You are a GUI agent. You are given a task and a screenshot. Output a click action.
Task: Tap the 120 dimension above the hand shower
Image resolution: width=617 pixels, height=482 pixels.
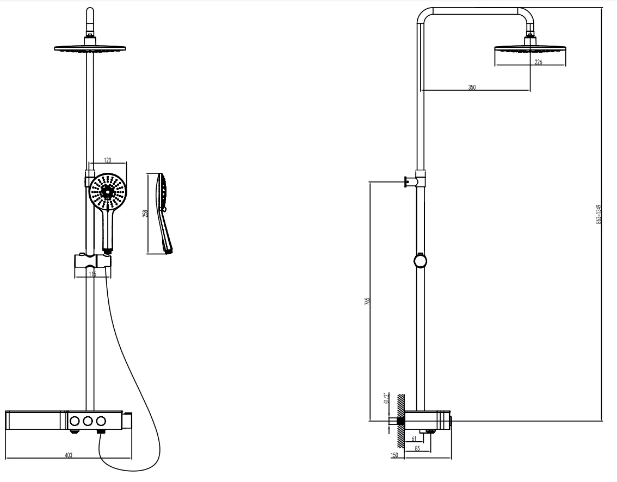pyautogui.click(x=107, y=161)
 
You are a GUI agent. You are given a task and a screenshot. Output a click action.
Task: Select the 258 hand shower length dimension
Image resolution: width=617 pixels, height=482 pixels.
pyautogui.click(x=145, y=214)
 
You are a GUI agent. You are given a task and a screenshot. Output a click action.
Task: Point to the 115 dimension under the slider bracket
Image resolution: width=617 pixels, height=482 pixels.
pyautogui.click(x=92, y=275)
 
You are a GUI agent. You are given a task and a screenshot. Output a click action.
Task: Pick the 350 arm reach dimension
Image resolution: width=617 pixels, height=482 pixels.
pyautogui.click(x=472, y=87)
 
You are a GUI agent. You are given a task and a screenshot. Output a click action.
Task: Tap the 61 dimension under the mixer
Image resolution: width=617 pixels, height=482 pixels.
pyautogui.click(x=414, y=439)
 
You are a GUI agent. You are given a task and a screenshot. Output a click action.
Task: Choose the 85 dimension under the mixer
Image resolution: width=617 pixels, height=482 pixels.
pyautogui.click(x=417, y=448)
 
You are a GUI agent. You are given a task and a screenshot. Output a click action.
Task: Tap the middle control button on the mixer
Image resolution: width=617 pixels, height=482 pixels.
pyautogui.click(x=87, y=420)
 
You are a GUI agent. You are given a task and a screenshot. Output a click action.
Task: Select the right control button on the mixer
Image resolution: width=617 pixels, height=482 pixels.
pyautogui.click(x=100, y=420)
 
